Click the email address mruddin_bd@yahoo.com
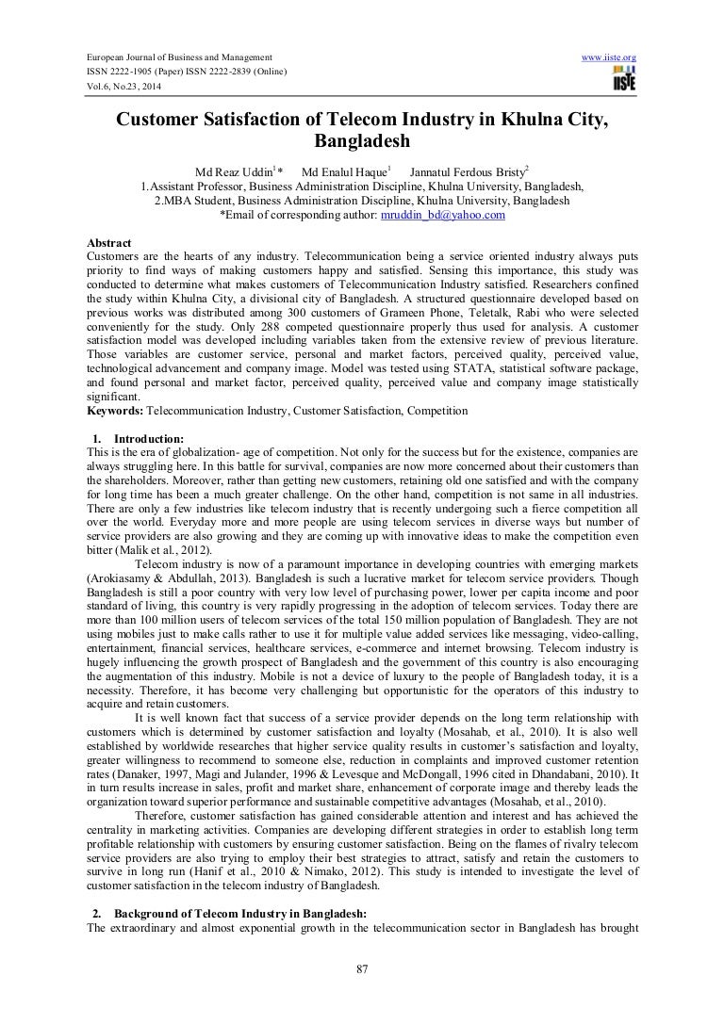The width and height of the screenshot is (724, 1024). [429, 215]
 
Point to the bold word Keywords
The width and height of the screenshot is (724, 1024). [110, 410]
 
